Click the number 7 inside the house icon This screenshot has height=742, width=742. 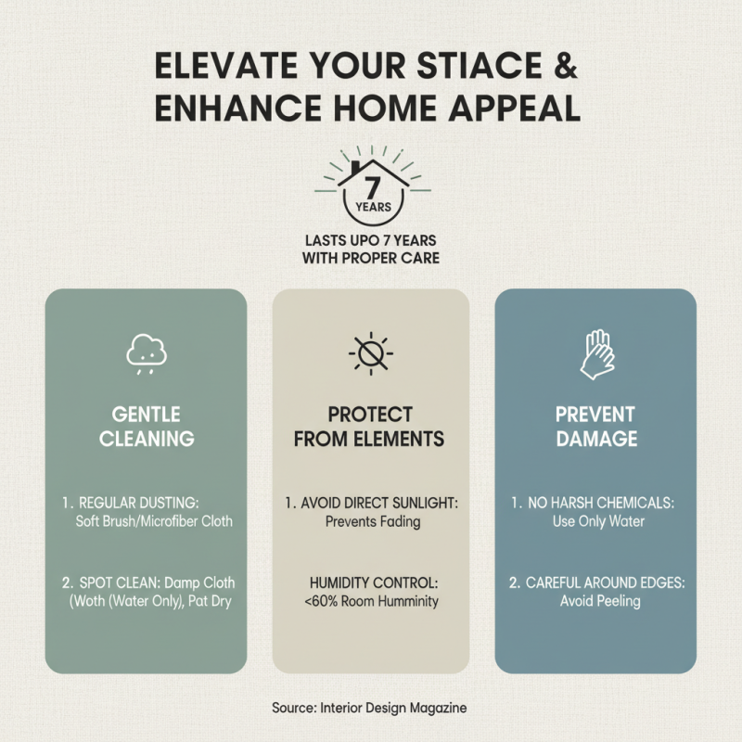tap(372, 185)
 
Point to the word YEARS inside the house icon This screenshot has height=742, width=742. tap(372, 207)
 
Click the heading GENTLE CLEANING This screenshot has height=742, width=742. tap(146, 426)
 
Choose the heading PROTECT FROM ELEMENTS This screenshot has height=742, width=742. tap(370, 426)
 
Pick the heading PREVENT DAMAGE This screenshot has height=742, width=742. tap(595, 426)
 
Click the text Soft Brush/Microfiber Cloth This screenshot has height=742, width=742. tap(154, 521)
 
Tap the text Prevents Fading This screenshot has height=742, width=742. tap(373, 521)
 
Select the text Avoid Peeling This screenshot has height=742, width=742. tap(600, 601)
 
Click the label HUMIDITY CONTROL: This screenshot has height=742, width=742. tap(372, 582)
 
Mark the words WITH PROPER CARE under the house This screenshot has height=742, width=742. tap(371, 259)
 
